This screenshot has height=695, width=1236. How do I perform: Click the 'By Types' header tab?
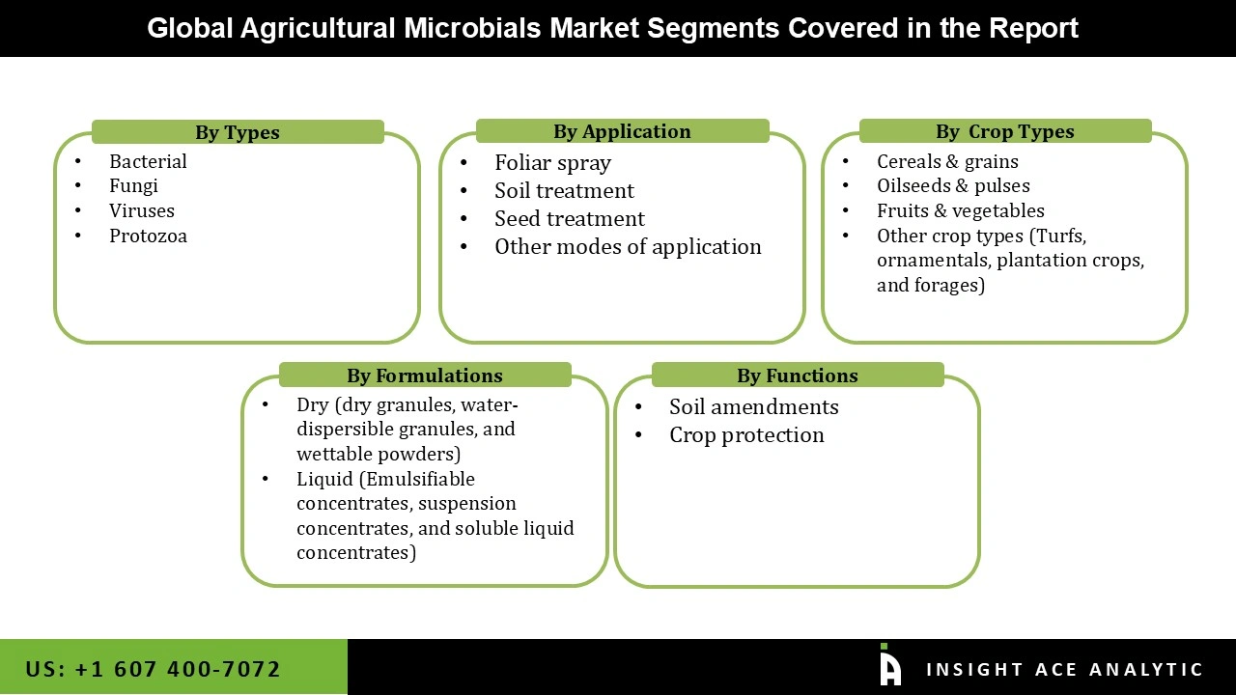(238, 132)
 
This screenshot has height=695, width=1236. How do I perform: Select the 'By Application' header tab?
(622, 131)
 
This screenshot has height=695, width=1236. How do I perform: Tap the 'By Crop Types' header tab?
(1004, 131)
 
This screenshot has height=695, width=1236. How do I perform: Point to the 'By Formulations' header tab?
(425, 375)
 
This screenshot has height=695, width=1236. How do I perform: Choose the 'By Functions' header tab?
(797, 375)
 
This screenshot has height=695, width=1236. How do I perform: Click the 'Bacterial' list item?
(148, 161)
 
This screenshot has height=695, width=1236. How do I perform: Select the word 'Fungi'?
(133, 185)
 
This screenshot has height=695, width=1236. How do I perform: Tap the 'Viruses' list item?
(142, 210)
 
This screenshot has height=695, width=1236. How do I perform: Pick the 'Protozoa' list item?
(148, 236)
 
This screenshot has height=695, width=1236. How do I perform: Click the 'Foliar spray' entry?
(552, 163)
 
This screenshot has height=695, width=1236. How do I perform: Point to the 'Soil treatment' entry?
(564, 191)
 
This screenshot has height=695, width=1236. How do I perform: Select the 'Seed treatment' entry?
(569, 219)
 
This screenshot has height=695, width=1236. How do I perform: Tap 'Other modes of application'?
(628, 247)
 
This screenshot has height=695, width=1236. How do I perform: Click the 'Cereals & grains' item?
(947, 161)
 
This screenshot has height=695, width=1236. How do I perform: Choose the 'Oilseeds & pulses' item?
(953, 185)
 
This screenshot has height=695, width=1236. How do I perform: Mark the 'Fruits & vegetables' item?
(960, 210)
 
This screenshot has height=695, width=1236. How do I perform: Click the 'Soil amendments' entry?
(753, 407)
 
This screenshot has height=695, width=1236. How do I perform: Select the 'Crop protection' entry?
(746, 435)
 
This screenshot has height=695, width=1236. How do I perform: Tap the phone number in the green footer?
(154, 669)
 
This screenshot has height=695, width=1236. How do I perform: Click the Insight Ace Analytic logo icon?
(889, 666)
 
